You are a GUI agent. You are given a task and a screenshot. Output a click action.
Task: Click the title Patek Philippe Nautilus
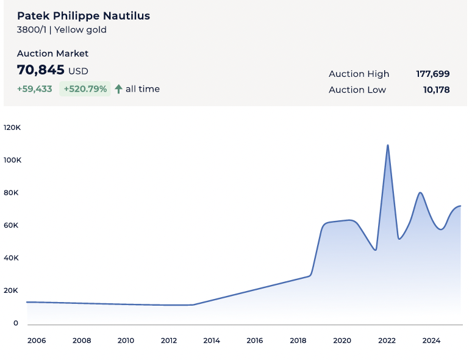pyautogui.click(x=84, y=16)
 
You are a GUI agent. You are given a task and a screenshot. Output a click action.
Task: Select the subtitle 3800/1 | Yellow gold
pyautogui.click(x=62, y=30)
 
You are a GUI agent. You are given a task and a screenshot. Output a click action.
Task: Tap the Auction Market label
pyautogui.click(x=52, y=54)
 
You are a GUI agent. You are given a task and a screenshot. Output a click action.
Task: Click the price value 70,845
pyautogui.click(x=41, y=70)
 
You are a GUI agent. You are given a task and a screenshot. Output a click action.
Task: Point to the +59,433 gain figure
pyautogui.click(x=34, y=89)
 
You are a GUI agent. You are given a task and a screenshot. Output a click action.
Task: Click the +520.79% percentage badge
pyautogui.click(x=85, y=89)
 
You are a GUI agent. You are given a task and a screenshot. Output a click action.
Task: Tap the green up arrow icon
pyautogui.click(x=118, y=89)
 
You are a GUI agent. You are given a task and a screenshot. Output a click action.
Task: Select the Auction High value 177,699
pyautogui.click(x=433, y=74)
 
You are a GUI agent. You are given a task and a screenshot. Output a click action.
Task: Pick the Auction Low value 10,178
pyautogui.click(x=436, y=90)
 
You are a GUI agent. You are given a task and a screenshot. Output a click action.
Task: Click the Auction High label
pyautogui.click(x=359, y=74)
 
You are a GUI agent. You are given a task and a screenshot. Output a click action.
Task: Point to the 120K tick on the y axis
pyautogui.click(x=12, y=128)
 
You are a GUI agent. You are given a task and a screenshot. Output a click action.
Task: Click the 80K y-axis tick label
pyautogui.click(x=12, y=193)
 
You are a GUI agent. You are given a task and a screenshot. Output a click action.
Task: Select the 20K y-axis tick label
pyautogui.click(x=12, y=290)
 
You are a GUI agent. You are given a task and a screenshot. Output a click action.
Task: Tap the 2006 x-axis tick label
pyautogui.click(x=37, y=340)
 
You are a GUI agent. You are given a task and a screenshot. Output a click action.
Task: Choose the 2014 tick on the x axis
pyautogui.click(x=212, y=340)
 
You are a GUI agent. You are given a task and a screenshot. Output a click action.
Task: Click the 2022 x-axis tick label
pyautogui.click(x=387, y=340)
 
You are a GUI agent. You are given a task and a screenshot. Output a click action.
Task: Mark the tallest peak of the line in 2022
pyautogui.click(x=388, y=145)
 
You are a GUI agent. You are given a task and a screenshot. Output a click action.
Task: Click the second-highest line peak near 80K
pyautogui.click(x=420, y=193)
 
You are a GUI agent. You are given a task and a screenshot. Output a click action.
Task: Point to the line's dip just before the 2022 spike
pyautogui.click(x=376, y=250)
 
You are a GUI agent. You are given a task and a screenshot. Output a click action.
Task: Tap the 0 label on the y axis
pyautogui.click(x=16, y=323)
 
